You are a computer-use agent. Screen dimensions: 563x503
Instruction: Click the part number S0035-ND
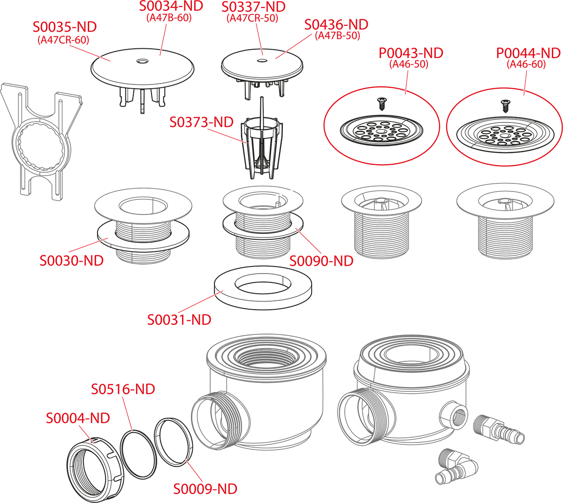[x=65, y=27]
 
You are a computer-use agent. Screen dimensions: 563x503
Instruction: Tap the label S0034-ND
[x=171, y=6]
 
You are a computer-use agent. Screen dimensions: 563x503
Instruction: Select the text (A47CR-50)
[x=252, y=18]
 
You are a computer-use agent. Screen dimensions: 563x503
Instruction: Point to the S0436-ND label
[x=336, y=25]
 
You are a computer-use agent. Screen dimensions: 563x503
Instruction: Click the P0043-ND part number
[x=411, y=53]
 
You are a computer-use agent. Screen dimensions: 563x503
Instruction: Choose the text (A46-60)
[x=526, y=64]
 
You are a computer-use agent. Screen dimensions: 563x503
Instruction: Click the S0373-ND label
[x=201, y=122]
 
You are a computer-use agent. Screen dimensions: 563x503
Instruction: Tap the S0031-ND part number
[x=179, y=320]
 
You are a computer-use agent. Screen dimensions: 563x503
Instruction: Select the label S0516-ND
[x=123, y=389]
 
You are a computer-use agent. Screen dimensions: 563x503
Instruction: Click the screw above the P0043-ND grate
[x=381, y=104]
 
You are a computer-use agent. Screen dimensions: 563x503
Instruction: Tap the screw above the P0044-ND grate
[x=505, y=106]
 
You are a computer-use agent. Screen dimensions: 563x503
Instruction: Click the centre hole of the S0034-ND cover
[x=142, y=61]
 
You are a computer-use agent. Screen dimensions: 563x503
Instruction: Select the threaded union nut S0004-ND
[x=95, y=469]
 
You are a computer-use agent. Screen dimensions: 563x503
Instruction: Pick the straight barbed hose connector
[x=499, y=430]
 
